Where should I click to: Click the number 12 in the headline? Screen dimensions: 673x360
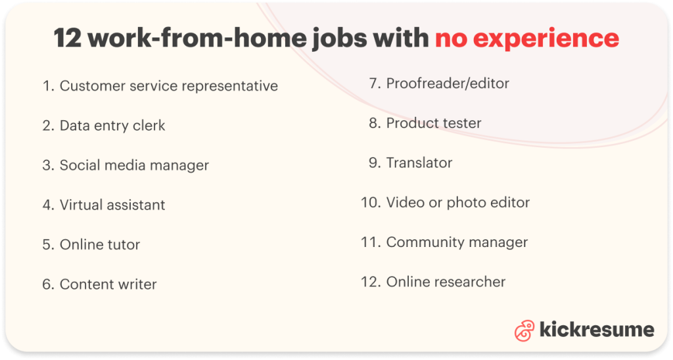point(68,37)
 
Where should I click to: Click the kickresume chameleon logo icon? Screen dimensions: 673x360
point(524,330)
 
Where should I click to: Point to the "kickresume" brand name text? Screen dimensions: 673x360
point(597,330)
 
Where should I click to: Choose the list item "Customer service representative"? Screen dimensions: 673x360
point(169,86)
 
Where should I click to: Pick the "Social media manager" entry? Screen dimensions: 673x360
point(134,165)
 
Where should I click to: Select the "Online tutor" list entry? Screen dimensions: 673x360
point(100,244)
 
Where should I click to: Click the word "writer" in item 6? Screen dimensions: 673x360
point(137,284)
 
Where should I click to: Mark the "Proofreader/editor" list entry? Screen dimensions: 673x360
point(448,83)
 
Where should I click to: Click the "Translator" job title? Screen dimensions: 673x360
point(419,163)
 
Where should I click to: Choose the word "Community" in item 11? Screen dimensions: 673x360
point(425,242)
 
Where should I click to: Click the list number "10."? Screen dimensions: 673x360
point(371,202)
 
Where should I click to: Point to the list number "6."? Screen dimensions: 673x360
point(48,284)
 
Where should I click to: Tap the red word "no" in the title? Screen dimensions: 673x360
point(451,39)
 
